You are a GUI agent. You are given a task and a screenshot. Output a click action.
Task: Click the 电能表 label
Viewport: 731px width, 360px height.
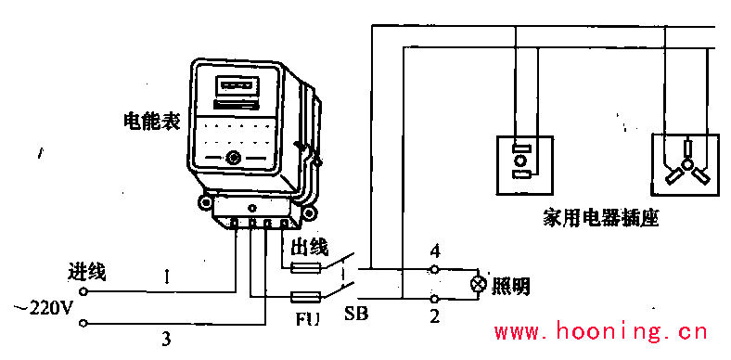151,122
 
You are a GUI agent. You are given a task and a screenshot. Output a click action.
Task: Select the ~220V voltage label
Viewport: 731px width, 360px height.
42,308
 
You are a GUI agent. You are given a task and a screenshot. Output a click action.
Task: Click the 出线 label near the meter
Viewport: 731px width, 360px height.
310,247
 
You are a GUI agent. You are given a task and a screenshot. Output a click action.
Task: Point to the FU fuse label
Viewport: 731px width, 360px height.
307,318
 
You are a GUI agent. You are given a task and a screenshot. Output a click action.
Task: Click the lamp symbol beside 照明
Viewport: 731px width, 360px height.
479,284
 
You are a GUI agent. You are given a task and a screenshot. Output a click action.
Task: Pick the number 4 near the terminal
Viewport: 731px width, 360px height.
434,251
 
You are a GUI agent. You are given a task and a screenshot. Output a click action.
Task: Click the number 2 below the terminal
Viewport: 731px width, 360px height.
434,317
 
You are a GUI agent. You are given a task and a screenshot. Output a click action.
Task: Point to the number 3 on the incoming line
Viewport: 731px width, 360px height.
167,336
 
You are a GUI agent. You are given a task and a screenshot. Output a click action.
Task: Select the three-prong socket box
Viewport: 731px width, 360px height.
686,164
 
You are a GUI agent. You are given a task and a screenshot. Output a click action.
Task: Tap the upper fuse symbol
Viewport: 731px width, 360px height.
307,267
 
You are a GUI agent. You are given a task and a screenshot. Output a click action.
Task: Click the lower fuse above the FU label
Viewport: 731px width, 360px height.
307,298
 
